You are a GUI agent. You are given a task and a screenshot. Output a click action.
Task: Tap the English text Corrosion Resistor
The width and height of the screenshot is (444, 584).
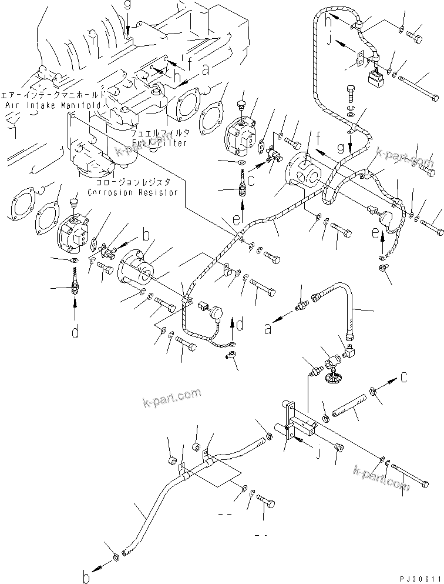[x=132, y=192]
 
